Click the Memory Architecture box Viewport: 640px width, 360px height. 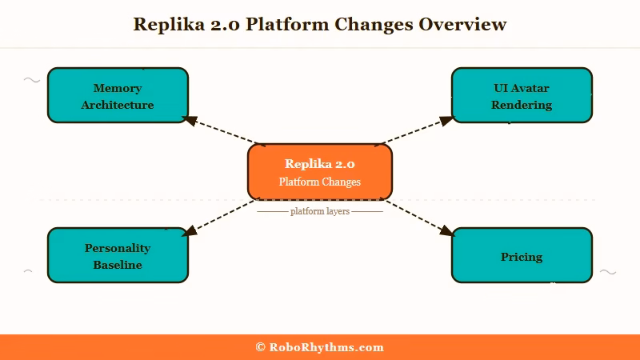point(118,95)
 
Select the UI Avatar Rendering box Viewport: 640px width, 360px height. point(522,95)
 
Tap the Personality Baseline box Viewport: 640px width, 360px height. point(118,255)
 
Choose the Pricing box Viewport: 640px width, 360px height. point(522,255)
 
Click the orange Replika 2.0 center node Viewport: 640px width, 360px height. point(320,172)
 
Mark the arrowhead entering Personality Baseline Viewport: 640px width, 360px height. point(190,232)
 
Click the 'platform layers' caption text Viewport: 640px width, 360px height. point(320,211)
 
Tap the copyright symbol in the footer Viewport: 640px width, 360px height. point(260,347)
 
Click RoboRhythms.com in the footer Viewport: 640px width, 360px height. point(326,347)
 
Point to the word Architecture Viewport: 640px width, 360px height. point(118,105)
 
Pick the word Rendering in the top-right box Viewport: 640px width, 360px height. point(522,105)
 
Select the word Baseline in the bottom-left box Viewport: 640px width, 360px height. point(118,265)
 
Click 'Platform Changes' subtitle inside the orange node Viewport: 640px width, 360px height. point(320,182)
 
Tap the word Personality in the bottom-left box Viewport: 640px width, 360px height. point(118,248)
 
